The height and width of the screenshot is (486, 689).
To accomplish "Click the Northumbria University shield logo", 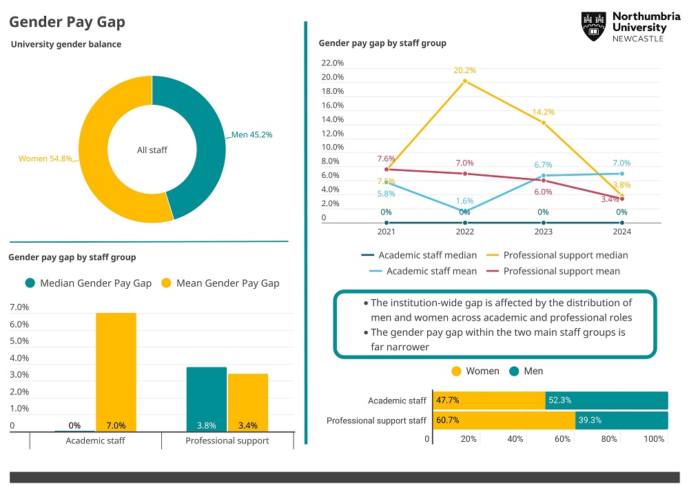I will click(593, 26).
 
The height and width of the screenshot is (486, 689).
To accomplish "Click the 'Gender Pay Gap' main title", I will click(67, 22).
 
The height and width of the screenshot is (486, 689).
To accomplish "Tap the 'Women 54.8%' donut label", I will click(45, 159).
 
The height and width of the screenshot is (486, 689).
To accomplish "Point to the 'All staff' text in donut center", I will click(152, 150).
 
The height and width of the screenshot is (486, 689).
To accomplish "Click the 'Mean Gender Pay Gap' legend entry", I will click(220, 283).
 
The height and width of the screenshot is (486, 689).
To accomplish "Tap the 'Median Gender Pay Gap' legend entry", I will click(88, 283).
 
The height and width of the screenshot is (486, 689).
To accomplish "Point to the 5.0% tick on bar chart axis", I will click(19, 341).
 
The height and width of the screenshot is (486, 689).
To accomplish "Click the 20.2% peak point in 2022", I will click(465, 81).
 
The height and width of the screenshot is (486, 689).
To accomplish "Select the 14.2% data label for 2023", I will click(544, 112).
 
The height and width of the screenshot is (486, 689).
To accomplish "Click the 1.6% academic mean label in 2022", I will click(464, 201).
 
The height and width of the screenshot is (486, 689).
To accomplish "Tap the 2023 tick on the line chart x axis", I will click(544, 232).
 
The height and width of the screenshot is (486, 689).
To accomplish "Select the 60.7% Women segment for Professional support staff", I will click(504, 421).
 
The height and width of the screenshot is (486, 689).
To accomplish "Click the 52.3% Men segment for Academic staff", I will click(606, 401).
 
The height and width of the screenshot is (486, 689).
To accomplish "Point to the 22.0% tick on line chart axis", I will click(333, 63).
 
